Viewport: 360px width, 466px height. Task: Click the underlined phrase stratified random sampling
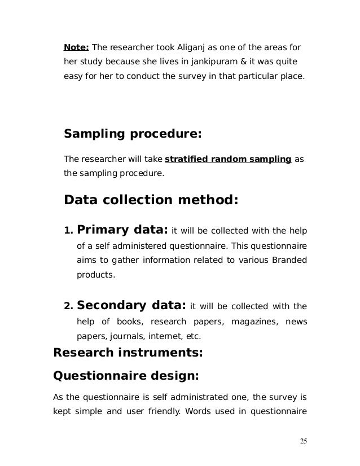[x=228, y=159]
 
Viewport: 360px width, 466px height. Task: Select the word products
[x=95, y=276]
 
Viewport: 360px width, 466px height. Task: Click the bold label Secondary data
[x=131, y=306]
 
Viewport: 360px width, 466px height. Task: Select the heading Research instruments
[x=128, y=354]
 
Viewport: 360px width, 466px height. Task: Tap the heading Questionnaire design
[x=126, y=376]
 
